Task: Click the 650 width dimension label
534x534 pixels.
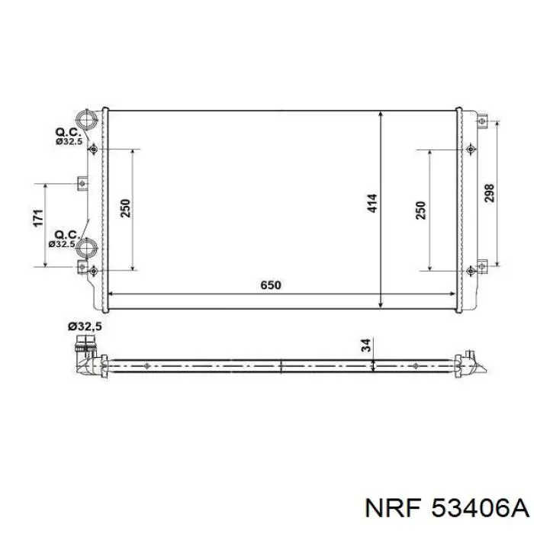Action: tap(271, 285)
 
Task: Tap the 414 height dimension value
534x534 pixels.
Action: tap(372, 204)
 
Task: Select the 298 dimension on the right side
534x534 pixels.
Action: tap(489, 192)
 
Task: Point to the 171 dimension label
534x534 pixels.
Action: tap(37, 219)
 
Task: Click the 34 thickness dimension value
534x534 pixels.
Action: tap(366, 346)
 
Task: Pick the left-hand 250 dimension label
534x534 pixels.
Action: tap(126, 208)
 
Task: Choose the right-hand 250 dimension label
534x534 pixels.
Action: tap(421, 211)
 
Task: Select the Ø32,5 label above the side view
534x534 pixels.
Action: tap(85, 327)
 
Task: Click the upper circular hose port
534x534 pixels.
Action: tap(88, 120)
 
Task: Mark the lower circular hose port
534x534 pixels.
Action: tap(88, 248)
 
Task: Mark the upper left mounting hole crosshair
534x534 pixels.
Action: tap(93, 149)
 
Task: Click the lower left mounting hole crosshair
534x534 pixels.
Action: tap(93, 270)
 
